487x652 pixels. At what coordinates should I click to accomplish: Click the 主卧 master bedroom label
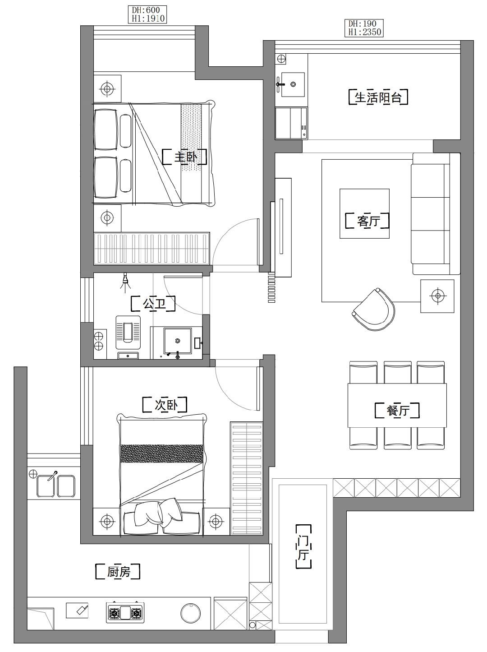pyautogui.click(x=184, y=157)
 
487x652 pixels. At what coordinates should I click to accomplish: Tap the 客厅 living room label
pyautogui.click(x=368, y=221)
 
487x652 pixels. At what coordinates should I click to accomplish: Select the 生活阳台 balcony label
pyautogui.click(x=378, y=97)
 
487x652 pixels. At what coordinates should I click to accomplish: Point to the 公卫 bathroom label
pyautogui.click(x=153, y=303)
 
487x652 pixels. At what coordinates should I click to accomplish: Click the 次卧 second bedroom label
pyautogui.click(x=165, y=405)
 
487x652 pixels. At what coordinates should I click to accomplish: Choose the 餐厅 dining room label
pyautogui.click(x=397, y=411)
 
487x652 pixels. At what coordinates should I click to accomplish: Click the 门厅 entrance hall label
pyautogui.click(x=303, y=546)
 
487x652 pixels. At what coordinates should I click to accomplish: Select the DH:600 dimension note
pyautogui.click(x=146, y=10)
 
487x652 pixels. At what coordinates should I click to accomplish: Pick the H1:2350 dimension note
pyautogui.click(x=364, y=32)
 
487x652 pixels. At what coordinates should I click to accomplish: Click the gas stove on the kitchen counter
pyautogui.click(x=125, y=612)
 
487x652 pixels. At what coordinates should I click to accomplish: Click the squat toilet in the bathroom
pyautogui.click(x=128, y=332)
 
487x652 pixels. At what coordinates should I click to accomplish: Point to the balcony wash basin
pyautogui.click(x=293, y=85)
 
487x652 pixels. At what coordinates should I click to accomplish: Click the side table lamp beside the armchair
pyautogui.click(x=437, y=296)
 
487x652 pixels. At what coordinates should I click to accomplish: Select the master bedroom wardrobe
pyautogui.click(x=152, y=248)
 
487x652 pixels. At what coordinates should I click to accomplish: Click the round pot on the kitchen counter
pyautogui.click(x=191, y=612)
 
